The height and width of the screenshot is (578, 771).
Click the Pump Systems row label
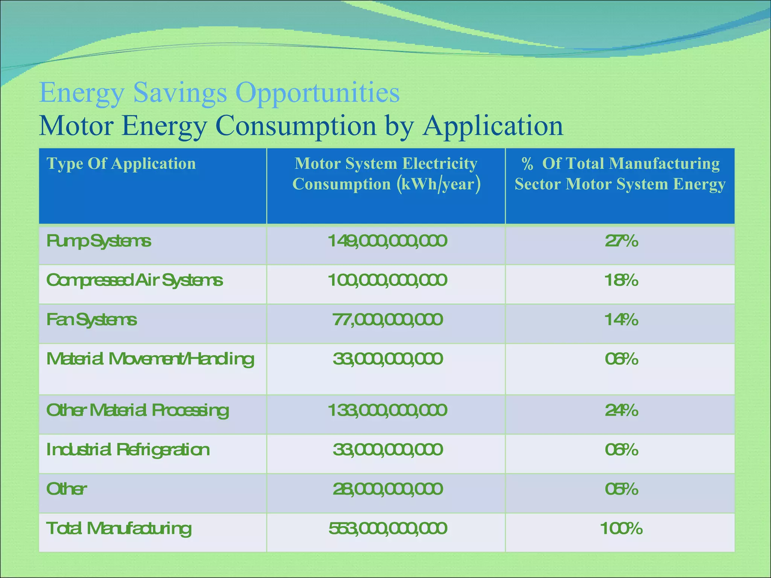[x=99, y=241]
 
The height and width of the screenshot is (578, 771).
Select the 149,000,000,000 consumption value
[x=387, y=241]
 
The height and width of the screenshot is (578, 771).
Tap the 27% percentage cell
[x=622, y=241]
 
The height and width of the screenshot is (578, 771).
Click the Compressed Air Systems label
[x=134, y=280]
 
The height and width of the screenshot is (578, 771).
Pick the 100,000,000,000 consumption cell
[x=387, y=280]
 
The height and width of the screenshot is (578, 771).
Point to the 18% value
[x=622, y=280]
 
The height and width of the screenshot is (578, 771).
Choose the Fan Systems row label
[x=91, y=320]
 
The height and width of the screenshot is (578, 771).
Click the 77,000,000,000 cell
[x=387, y=320]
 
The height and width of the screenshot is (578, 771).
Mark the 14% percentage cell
[x=622, y=320]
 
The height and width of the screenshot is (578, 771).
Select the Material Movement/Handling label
[x=150, y=359]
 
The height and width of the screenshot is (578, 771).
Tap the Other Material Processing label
[x=137, y=411]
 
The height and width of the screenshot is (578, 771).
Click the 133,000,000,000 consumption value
[x=387, y=410]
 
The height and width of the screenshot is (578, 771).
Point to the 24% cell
[x=622, y=410]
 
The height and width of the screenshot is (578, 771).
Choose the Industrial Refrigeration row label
[x=128, y=450]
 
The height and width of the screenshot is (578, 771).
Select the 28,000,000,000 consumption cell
[x=387, y=489]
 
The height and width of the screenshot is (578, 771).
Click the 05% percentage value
[x=622, y=489]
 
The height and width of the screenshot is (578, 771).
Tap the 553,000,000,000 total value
[x=387, y=529]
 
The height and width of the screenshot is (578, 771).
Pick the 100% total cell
[x=622, y=529]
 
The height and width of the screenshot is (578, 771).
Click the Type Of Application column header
[x=121, y=164]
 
